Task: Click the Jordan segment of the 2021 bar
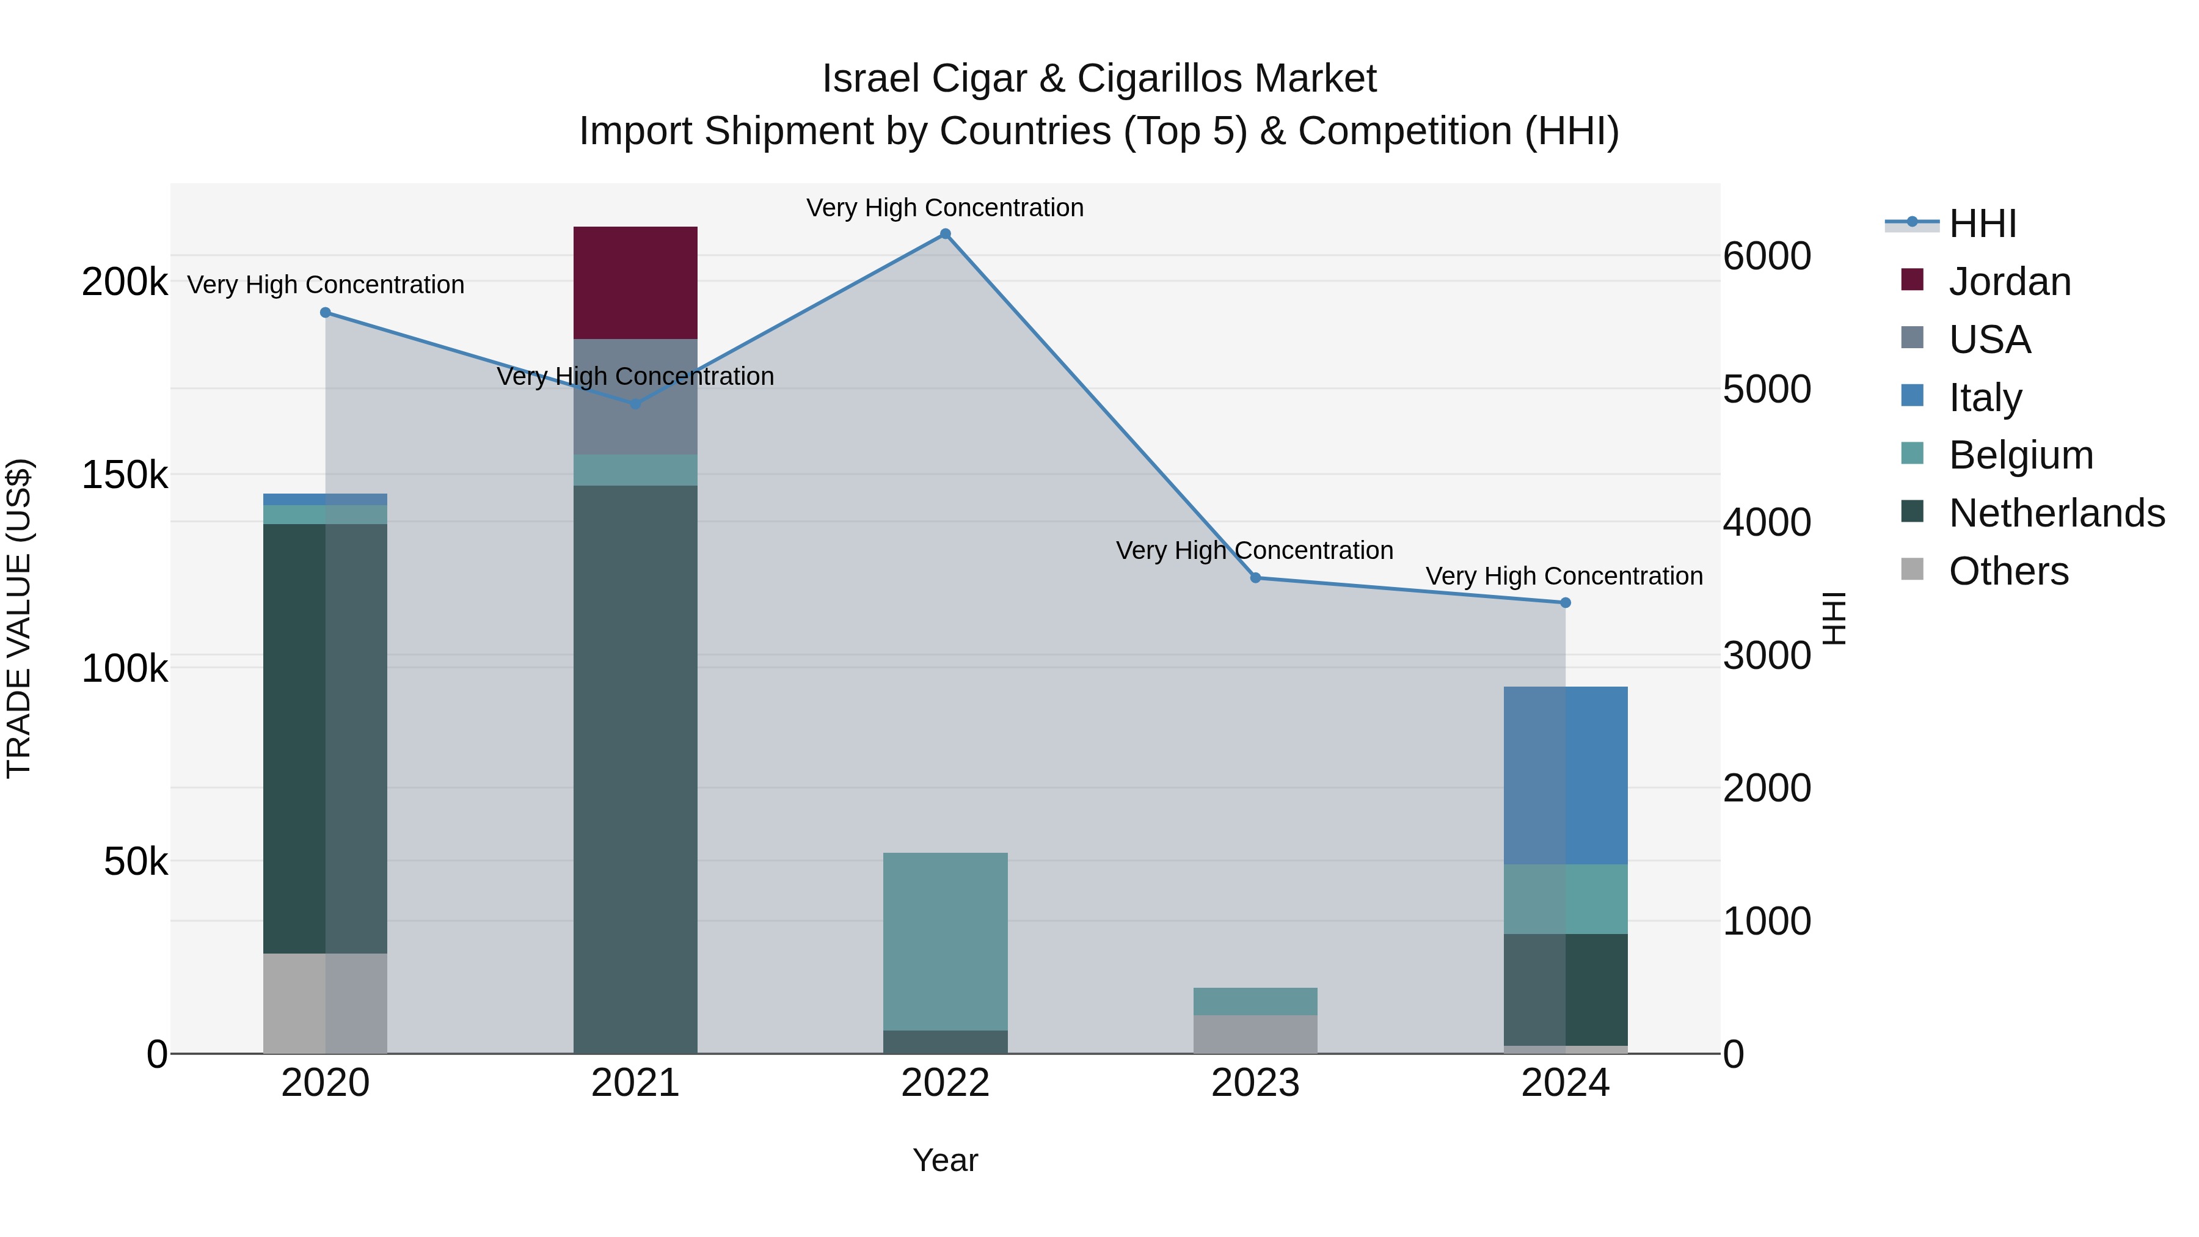[x=635, y=283]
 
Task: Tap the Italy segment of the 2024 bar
[x=1565, y=775]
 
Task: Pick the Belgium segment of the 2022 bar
[x=945, y=941]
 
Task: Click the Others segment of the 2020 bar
[x=324, y=1002]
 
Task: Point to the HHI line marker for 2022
[x=945, y=234]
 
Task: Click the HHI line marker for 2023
[x=1255, y=578]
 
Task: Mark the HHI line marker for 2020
[x=325, y=312]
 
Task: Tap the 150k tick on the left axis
[x=125, y=475]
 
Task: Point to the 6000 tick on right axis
[x=1766, y=256]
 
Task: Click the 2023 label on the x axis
[x=1255, y=1082]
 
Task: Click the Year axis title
[x=945, y=1160]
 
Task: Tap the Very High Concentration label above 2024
[x=1564, y=576]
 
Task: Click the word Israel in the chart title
[x=870, y=79]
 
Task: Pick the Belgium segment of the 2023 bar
[x=1255, y=1001]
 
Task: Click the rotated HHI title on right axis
[x=1834, y=618]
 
